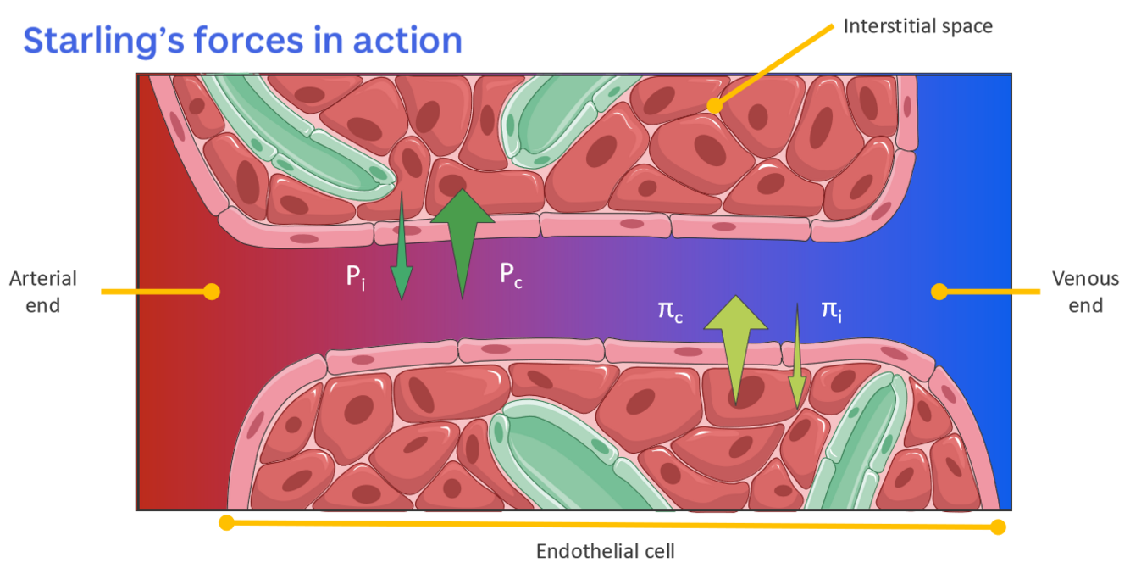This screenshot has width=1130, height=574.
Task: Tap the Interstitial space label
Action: click(x=917, y=25)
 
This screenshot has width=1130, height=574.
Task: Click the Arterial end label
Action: click(x=42, y=291)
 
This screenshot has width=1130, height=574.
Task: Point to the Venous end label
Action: click(x=1085, y=291)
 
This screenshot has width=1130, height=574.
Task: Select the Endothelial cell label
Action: click(x=606, y=551)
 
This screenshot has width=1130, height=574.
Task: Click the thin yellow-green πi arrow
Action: click(x=797, y=356)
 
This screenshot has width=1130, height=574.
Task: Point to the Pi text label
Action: click(x=356, y=276)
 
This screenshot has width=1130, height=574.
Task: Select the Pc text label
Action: click(x=510, y=274)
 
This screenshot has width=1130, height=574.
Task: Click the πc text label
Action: click(x=670, y=309)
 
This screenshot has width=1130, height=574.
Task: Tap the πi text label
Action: click(x=831, y=309)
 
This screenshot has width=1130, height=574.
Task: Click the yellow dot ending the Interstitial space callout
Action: click(x=715, y=106)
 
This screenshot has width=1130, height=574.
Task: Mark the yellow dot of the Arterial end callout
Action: click(x=212, y=292)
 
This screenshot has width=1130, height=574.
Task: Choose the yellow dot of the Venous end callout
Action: click(x=939, y=292)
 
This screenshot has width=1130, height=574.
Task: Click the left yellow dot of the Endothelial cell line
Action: click(x=226, y=522)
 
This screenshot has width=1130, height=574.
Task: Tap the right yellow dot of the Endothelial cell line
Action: click(x=999, y=527)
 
